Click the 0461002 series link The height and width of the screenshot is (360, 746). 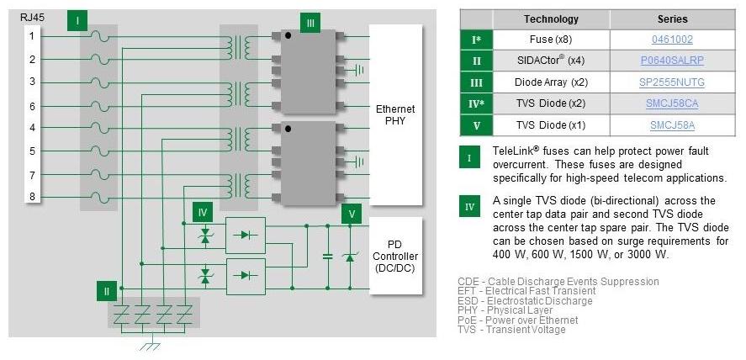pos(672,40)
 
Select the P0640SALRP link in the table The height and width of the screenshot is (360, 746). pos(672,61)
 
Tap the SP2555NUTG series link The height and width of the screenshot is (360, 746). pos(672,82)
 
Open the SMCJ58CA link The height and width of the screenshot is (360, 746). pos(673,103)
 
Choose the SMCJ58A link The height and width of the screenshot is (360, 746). pos(672,125)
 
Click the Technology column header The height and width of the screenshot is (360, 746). pos(551,19)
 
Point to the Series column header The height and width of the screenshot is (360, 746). pos(672,19)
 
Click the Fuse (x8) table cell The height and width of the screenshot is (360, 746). pos(551,40)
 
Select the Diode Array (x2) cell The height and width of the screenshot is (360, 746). pos(551,82)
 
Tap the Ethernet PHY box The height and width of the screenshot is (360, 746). pos(395,115)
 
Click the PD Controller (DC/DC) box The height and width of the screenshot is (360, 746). pos(395,256)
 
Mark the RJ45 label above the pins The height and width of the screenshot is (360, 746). pos(32,15)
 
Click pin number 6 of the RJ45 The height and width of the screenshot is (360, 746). pos(32,106)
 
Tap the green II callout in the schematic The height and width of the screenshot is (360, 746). pos(106,291)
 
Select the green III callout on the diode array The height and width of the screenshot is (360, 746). pos(311,23)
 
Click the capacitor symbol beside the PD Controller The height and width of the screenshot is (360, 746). pos(328,255)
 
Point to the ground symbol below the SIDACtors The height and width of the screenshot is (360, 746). pos(152,345)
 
